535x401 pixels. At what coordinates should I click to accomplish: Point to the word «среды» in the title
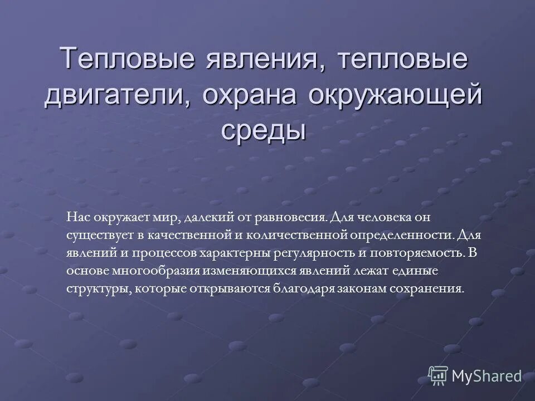point(264,131)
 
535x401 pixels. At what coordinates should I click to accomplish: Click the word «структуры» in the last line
point(90,290)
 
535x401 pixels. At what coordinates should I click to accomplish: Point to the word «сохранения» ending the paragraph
point(435,290)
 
